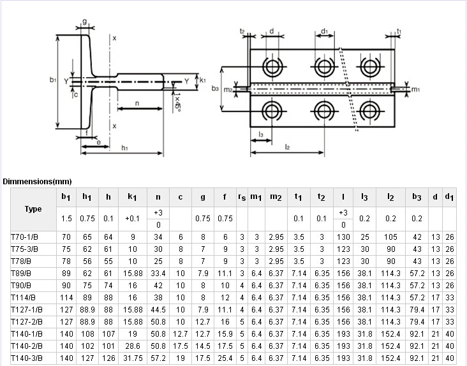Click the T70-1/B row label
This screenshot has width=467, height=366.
click(25, 237)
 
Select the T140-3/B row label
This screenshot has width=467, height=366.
click(27, 358)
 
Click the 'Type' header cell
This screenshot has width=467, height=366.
click(33, 209)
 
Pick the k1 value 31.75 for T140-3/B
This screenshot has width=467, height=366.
click(132, 358)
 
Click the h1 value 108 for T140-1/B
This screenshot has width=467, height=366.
click(87, 334)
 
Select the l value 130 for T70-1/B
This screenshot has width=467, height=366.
click(343, 237)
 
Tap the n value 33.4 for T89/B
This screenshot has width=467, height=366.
click(158, 274)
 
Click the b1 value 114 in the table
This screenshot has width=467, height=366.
click(66, 298)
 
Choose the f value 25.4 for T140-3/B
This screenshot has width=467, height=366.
click(225, 358)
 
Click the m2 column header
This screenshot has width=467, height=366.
click(276, 198)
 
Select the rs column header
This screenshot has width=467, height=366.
click(242, 198)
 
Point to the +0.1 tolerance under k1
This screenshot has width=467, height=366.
click(132, 219)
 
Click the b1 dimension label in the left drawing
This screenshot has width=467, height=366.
click(53, 80)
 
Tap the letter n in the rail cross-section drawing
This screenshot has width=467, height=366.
click(138, 103)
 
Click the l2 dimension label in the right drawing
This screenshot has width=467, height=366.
click(288, 147)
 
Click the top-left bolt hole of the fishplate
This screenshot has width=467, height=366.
click(273, 66)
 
